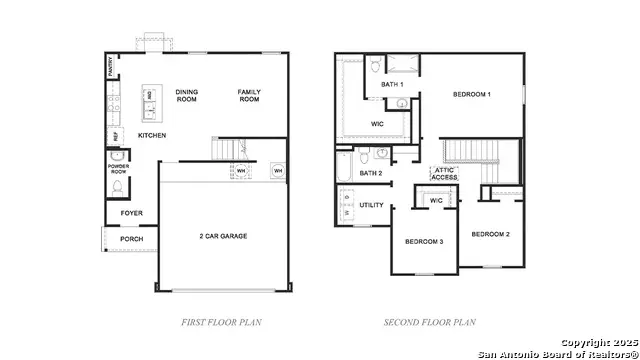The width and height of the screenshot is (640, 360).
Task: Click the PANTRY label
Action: tap(109, 67)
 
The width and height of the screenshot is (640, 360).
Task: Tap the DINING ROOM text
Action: tap(187, 96)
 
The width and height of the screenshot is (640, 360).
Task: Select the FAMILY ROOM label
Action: tap(249, 96)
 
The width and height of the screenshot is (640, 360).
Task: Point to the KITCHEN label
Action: tap(151, 135)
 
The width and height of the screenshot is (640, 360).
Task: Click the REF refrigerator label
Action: tap(114, 135)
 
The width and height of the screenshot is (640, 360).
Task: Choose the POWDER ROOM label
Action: tap(117, 169)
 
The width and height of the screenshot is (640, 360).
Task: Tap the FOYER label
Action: tap(131, 213)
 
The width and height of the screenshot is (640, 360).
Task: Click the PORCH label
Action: tap(131, 239)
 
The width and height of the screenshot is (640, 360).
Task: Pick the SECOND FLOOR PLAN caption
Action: tap(430, 322)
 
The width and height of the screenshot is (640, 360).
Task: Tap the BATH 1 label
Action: tap(392, 85)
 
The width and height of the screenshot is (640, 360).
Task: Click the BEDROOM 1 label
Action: tap(472, 94)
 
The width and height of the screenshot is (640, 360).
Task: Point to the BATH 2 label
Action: tap(371, 173)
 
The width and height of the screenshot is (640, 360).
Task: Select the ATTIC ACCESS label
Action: tap(445, 173)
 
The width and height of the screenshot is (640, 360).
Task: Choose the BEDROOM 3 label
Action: tap(424, 242)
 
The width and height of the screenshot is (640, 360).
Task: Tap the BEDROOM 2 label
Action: tap(491, 234)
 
